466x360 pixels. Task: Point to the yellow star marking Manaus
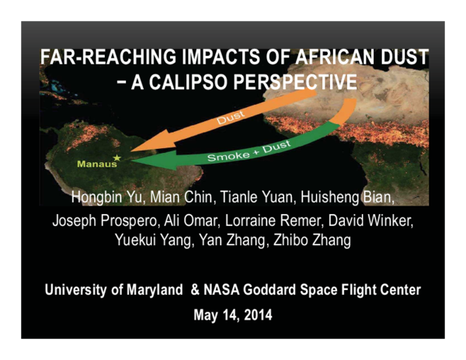118,158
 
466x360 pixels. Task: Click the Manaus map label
95,164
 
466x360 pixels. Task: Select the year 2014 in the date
256,316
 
